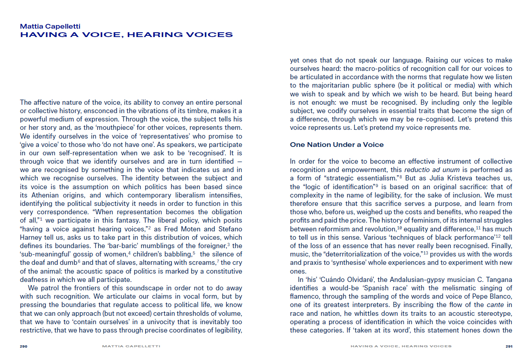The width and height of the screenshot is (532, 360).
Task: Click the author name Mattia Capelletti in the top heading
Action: (x=50, y=26)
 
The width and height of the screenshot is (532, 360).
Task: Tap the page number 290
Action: (x=23, y=346)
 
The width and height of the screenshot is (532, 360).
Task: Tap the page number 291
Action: (x=509, y=346)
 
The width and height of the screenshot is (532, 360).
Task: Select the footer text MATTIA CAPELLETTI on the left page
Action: (x=131, y=346)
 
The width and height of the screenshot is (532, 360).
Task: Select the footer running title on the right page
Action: (x=401, y=346)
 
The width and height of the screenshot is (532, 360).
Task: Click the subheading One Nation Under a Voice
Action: (x=337, y=145)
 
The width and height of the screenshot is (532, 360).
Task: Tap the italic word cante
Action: (x=495, y=305)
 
